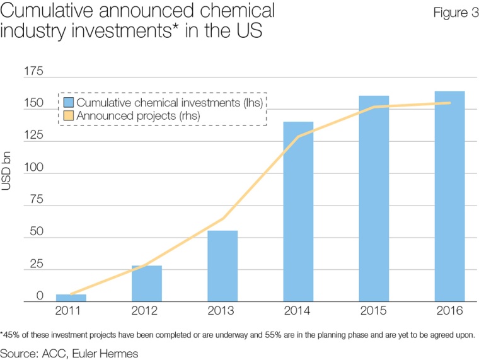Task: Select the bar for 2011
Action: tap(71, 298)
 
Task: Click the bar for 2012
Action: tap(146, 284)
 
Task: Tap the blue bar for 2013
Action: tap(222, 266)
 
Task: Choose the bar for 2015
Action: tap(374, 199)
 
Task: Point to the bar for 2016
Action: tap(449, 197)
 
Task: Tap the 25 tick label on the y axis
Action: tap(36, 264)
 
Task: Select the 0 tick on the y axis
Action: tap(40, 296)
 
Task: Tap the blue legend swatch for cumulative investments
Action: tap(67, 102)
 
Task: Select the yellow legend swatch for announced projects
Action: tap(67, 115)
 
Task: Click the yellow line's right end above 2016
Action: tap(450, 103)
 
